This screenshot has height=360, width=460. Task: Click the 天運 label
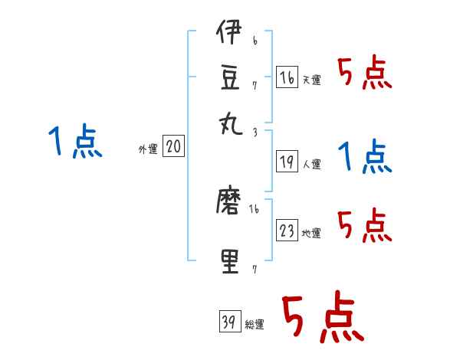312,80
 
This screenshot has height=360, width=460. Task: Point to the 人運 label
312,164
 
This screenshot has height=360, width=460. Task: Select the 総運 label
255,324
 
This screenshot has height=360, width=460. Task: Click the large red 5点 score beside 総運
320,318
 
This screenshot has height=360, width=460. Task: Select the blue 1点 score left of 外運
75,142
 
